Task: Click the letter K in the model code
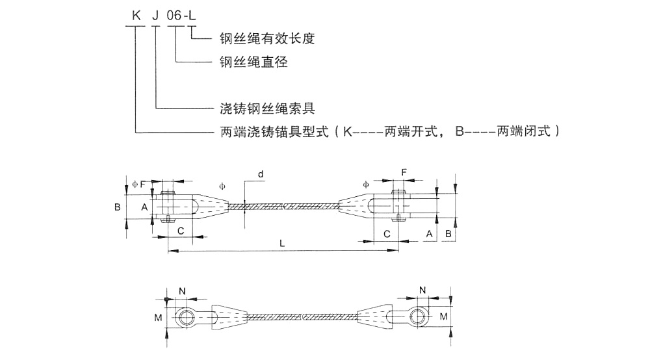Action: [x=136, y=16]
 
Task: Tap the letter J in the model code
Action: [x=156, y=16]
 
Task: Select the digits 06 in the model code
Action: [x=175, y=16]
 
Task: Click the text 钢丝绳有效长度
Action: [x=267, y=39]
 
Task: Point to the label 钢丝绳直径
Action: [x=253, y=62]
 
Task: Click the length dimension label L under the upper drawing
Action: [x=281, y=242]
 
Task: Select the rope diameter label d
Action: [x=261, y=174]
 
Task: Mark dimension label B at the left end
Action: [x=118, y=207]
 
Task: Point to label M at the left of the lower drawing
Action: [x=157, y=318]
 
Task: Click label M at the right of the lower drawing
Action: [x=444, y=316]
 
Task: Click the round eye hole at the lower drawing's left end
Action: [x=187, y=318]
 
